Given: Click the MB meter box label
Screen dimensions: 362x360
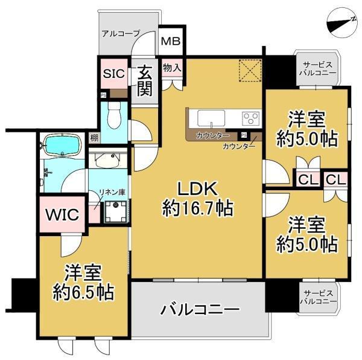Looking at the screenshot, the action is coord(171,41).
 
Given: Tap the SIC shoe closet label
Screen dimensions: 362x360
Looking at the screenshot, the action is coord(114,74).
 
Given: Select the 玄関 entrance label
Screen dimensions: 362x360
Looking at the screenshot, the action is coord(145,80).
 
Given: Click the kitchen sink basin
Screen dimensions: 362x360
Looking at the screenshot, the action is coord(211,118).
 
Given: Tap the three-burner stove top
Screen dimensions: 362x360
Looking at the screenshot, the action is coord(250,118).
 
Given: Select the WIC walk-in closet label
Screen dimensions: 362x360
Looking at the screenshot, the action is coord(62,214).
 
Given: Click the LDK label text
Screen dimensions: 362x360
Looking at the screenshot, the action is coord(197,188).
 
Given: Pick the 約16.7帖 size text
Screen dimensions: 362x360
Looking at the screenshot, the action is coord(198,208).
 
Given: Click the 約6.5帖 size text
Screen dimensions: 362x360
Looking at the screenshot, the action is coord(83,292).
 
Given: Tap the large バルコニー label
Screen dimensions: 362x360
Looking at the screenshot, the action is coord(200,309).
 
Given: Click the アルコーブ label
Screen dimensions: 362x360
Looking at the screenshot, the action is coord(121,34).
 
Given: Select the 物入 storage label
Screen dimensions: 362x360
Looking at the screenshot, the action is coord(172,68).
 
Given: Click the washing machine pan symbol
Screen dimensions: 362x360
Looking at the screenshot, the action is coord(116,211).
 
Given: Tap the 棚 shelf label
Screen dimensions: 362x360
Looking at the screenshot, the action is coord(94,138).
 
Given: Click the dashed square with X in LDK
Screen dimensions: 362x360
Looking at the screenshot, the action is coord(250,70).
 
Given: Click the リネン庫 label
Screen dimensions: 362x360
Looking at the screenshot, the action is coord(112,192).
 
